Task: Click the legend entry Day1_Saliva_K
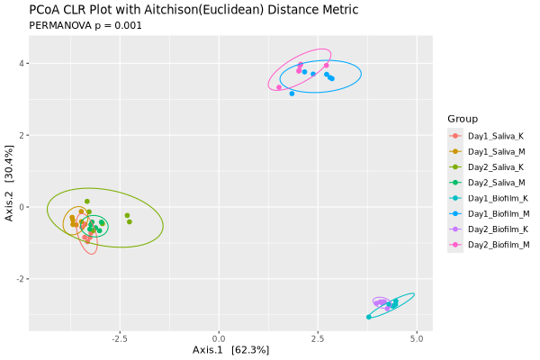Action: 490,135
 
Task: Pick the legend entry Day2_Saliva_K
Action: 490,166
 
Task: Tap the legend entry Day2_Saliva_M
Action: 490,182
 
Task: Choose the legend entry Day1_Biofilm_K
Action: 491,197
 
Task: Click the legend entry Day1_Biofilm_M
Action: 491,213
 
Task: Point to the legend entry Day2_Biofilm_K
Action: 491,229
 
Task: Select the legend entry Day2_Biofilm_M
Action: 491,244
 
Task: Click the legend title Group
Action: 462,119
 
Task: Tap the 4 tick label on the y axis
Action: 20,64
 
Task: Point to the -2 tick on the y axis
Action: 18,279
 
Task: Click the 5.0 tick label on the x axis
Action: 416,338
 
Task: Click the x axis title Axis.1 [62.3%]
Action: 230,349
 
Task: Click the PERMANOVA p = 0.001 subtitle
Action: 85,25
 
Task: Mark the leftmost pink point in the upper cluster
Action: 279,87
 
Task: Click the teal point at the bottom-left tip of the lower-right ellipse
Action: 369,317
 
